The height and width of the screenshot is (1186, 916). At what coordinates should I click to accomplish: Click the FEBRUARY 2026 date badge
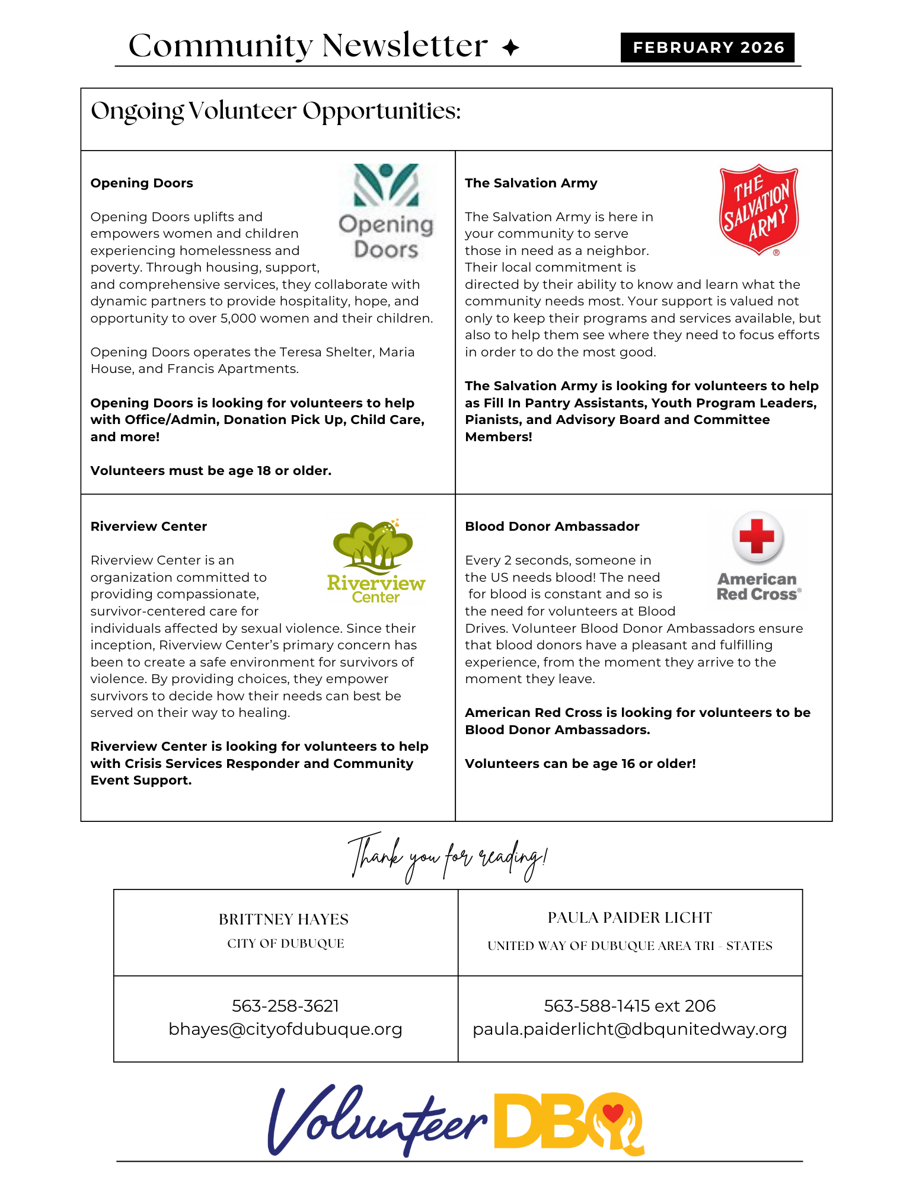[707, 47]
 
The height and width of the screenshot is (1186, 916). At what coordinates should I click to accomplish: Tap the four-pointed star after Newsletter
[510, 47]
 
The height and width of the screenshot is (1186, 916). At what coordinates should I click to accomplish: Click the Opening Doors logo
[387, 212]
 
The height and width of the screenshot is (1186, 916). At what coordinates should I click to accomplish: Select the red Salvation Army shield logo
[759, 210]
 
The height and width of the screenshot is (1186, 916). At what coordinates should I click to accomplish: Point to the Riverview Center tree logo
[375, 560]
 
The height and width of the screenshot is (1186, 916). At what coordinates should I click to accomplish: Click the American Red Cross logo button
[758, 557]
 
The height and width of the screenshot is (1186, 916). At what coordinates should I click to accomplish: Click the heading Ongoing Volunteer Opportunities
[276, 111]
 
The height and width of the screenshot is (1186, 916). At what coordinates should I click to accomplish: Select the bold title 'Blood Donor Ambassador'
[552, 527]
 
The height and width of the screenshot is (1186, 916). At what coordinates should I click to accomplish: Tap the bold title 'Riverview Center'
[149, 527]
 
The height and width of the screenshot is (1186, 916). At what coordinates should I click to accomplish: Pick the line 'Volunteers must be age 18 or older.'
[211, 471]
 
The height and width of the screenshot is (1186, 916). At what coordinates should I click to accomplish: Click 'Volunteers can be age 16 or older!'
[580, 764]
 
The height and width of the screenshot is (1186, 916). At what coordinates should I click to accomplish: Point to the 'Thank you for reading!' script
[448, 857]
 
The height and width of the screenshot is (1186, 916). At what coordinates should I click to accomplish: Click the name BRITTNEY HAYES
[283, 919]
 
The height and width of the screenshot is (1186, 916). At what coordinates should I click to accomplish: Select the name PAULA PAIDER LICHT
[630, 917]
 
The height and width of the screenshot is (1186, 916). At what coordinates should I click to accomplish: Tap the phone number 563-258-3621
[285, 1006]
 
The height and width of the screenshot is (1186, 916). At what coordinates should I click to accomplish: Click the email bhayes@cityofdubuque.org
[285, 1029]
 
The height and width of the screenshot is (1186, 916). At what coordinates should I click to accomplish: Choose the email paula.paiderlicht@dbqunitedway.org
[630, 1029]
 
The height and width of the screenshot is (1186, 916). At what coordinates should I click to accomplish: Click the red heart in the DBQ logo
[613, 1112]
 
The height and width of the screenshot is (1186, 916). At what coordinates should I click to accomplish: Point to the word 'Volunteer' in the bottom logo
[377, 1121]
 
